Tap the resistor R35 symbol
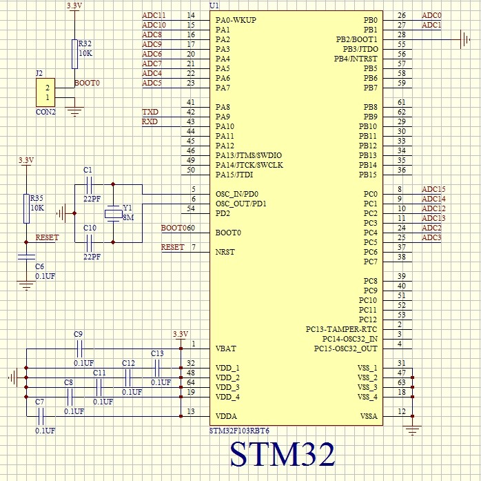point(26,208)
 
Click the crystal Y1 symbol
point(112,213)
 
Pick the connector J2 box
point(46,93)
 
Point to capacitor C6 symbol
point(26,257)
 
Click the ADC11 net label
point(154,16)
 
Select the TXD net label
point(150,112)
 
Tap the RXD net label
point(150,122)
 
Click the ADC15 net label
point(433,190)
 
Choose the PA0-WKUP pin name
point(236,21)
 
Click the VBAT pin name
point(227,349)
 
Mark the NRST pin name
point(225,252)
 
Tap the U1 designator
point(214,6)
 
